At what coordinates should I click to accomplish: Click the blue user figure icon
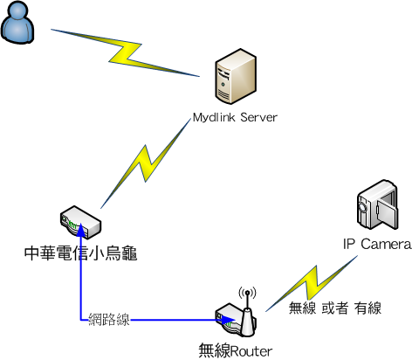[x=17, y=23]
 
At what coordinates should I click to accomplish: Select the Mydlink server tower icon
[x=236, y=76]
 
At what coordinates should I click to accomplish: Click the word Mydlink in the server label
[x=214, y=117]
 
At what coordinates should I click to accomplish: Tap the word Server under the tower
[x=258, y=117]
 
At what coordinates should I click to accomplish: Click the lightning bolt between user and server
[x=126, y=53]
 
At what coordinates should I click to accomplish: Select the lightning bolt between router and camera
[x=312, y=284]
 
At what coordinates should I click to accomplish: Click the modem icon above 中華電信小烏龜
[x=80, y=222]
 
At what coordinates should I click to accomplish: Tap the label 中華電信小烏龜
[x=80, y=253]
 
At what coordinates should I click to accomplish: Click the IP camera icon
[x=377, y=204]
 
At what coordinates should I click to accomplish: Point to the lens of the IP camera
[x=362, y=206]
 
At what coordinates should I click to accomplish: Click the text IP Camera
[x=377, y=244]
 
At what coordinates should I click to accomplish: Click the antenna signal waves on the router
[x=247, y=293]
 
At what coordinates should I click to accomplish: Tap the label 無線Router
[x=236, y=350]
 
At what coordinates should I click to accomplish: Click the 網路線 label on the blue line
[x=109, y=320]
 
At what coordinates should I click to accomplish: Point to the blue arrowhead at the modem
[x=81, y=229]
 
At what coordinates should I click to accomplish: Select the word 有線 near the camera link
[x=367, y=308]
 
